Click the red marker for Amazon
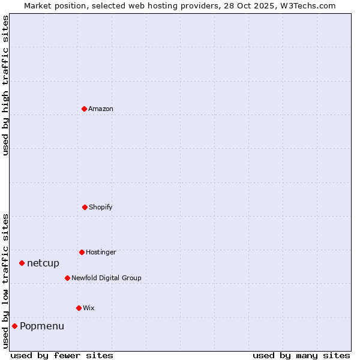(x=84, y=109)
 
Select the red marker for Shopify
(x=85, y=207)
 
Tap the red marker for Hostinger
(x=82, y=252)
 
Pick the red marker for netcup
(x=22, y=263)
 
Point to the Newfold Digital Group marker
(x=67, y=278)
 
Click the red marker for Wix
(x=79, y=308)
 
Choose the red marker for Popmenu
(x=14, y=326)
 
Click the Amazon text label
(x=101, y=109)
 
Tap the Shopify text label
(x=101, y=207)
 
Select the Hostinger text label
(x=101, y=252)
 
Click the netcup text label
(x=43, y=263)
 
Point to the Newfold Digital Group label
(x=106, y=278)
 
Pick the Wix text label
(x=89, y=308)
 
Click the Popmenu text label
(x=42, y=326)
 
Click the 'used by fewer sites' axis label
(x=62, y=355)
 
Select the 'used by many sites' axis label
(x=301, y=355)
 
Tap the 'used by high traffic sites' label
(x=5, y=85)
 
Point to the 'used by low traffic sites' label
(x=5, y=281)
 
